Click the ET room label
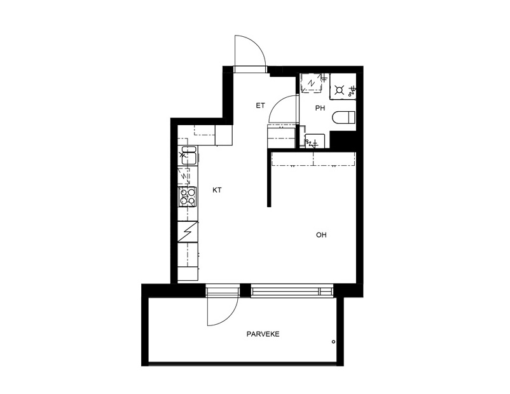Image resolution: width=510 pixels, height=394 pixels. pyautogui.click(x=260, y=105)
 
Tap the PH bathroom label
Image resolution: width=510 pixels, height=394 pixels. pyautogui.click(x=320, y=108)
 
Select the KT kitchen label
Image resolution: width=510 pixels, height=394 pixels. pyautogui.click(x=217, y=190)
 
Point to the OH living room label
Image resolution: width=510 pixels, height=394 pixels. pyautogui.click(x=321, y=234)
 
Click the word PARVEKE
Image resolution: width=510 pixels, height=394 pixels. pyautogui.click(x=263, y=334)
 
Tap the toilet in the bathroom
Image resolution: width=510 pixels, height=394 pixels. pyautogui.click(x=344, y=118)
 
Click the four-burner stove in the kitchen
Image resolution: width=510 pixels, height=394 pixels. pyautogui.click(x=188, y=196)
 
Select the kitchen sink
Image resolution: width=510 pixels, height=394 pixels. pyautogui.click(x=188, y=156)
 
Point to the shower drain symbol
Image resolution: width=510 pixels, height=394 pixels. pyautogui.click(x=339, y=90)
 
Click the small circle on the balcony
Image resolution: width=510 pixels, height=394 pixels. pyautogui.click(x=333, y=342)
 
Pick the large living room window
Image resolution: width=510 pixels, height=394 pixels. pyautogui.click(x=292, y=290)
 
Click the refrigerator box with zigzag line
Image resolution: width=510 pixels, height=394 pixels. pyautogui.click(x=188, y=231)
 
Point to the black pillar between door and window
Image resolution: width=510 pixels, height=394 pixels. pyautogui.click(x=245, y=290)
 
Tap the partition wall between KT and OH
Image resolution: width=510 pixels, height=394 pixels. pyautogui.click(x=269, y=178)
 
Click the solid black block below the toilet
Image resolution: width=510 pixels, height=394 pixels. pyautogui.click(x=343, y=140)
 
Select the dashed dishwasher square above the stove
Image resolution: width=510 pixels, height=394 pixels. pyautogui.click(x=184, y=177)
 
